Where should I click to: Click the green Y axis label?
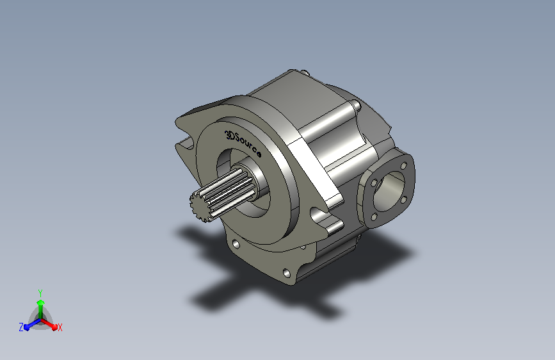(40, 293)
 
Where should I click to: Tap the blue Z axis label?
(21, 327)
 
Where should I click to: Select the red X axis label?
(60, 327)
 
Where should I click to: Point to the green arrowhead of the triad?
(40, 302)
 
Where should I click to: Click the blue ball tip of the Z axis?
(27, 327)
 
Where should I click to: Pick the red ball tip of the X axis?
(54, 327)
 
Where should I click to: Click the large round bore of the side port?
(389, 191)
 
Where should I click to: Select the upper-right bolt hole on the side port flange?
(403, 166)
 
